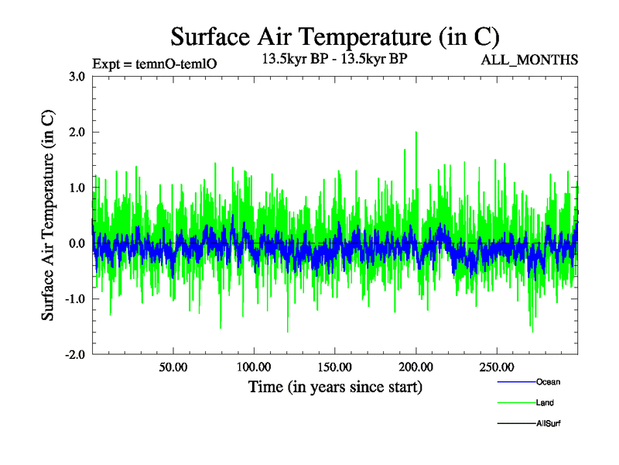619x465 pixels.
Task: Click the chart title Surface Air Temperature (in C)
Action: click(x=334, y=37)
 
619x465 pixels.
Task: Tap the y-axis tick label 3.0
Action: click(x=77, y=76)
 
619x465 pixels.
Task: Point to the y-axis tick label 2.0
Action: click(x=77, y=132)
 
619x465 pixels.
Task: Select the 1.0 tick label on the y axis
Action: click(x=77, y=188)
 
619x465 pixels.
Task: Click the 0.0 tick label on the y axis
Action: click(x=77, y=243)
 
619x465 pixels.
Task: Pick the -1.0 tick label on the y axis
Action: click(x=75, y=299)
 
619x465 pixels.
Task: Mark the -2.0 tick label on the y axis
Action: click(x=75, y=355)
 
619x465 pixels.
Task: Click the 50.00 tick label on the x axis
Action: click(x=173, y=367)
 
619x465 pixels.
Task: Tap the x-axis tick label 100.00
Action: click(x=254, y=367)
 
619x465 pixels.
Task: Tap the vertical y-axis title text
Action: click(x=48, y=215)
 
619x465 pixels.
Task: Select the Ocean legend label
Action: click(x=548, y=382)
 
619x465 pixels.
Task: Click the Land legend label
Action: click(x=545, y=403)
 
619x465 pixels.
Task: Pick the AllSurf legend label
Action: click(x=549, y=424)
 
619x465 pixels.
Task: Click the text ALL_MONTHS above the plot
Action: click(x=529, y=60)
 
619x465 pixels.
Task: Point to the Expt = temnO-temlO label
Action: click(x=154, y=64)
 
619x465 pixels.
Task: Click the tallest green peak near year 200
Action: click(x=416, y=133)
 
